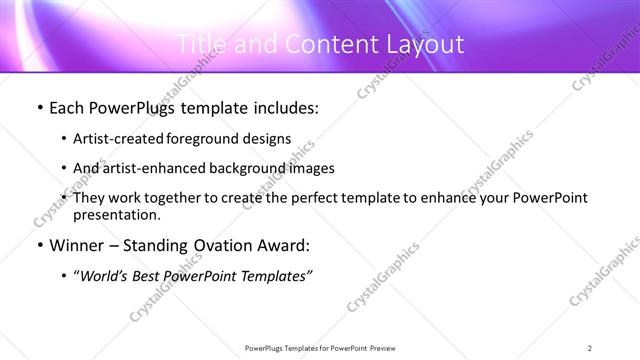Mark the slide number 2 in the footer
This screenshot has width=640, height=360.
[x=590, y=347]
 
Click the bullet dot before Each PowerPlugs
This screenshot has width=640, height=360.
[x=39, y=109]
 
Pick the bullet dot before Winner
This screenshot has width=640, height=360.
[x=39, y=245]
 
